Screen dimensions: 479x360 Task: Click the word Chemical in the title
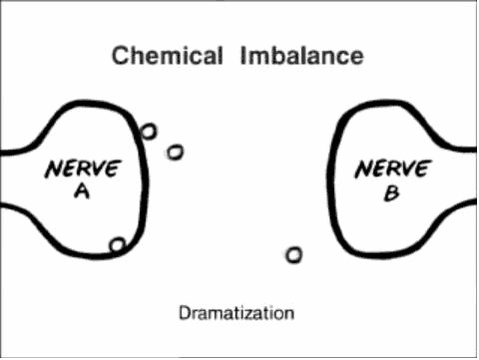(x=167, y=56)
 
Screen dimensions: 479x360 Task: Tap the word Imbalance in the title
(x=302, y=56)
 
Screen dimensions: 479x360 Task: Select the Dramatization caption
(x=237, y=313)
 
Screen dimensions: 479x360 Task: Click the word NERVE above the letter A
(x=83, y=169)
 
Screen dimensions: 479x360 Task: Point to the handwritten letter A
(x=82, y=192)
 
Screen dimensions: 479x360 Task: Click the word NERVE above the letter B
(x=393, y=169)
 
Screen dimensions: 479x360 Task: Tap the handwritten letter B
(x=392, y=193)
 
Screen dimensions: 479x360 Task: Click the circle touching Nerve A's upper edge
(x=148, y=131)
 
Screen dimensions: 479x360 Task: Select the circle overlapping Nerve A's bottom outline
(x=118, y=245)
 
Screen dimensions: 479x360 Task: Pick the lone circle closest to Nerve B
(x=294, y=255)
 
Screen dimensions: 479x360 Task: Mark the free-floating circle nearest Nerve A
(x=175, y=152)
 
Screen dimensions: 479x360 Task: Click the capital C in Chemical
(x=120, y=56)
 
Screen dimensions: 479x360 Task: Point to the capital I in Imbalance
(x=242, y=56)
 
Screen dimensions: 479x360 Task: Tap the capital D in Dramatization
(x=184, y=313)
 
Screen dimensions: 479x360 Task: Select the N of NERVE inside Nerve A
(x=53, y=169)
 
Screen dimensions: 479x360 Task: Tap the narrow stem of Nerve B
(x=463, y=176)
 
